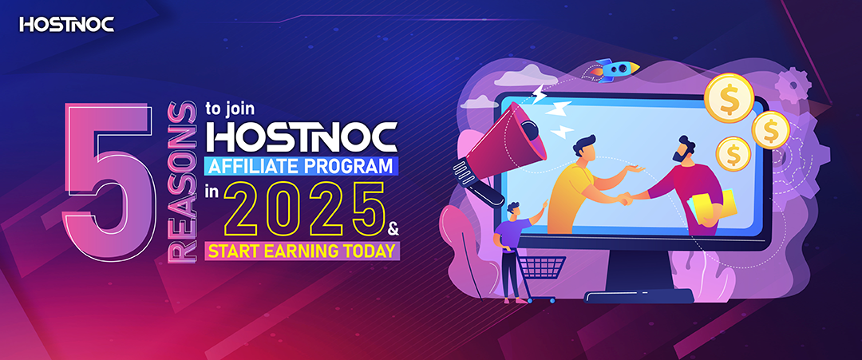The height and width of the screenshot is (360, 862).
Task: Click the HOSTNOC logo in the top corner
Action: pos(67,25)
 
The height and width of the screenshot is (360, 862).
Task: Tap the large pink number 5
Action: pos(109,183)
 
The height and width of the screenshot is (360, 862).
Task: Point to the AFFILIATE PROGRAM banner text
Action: pos(301,165)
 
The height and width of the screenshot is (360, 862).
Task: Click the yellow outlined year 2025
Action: pos(305,210)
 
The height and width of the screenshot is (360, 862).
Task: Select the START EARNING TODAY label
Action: pos(302,251)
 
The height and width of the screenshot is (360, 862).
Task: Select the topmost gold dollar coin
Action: pos(729,98)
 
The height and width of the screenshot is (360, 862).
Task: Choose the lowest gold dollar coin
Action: pos(733,152)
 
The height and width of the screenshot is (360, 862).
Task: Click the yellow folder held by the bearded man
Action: pos(711,205)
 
